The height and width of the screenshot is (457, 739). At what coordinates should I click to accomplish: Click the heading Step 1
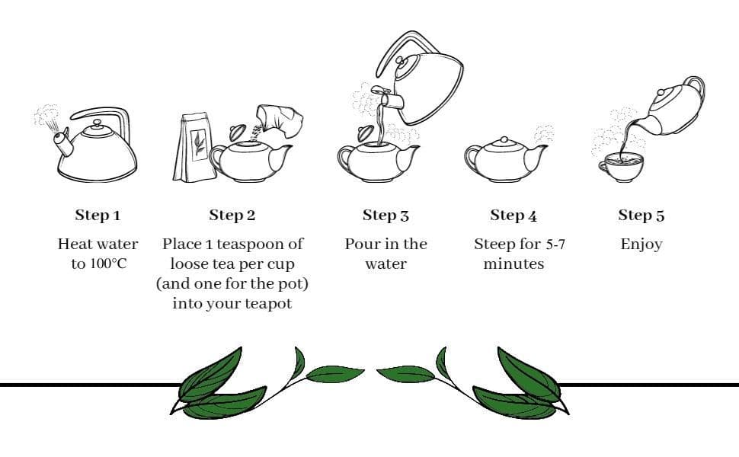(x=98, y=216)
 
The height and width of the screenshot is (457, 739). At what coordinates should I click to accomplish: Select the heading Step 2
(x=232, y=216)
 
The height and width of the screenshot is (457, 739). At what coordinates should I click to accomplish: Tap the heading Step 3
(x=385, y=216)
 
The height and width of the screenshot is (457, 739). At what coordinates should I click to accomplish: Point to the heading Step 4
(x=513, y=216)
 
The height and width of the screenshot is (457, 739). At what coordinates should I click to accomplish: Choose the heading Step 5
(x=641, y=216)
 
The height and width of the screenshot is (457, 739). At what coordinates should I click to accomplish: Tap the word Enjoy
(x=641, y=244)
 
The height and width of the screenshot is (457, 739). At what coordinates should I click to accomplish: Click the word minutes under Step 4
(x=513, y=264)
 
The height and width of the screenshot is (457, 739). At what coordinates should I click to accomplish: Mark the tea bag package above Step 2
(x=194, y=147)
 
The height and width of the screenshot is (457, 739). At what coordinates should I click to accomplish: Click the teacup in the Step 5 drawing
(x=620, y=167)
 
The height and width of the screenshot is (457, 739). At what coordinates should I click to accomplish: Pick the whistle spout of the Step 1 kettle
(x=63, y=142)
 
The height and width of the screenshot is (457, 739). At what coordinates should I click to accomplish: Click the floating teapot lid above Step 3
(x=365, y=133)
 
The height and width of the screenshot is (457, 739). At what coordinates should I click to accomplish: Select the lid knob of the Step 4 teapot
(x=504, y=140)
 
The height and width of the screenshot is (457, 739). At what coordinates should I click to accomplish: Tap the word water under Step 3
(x=385, y=264)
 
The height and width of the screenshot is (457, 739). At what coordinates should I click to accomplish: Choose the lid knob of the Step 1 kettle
(x=97, y=124)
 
